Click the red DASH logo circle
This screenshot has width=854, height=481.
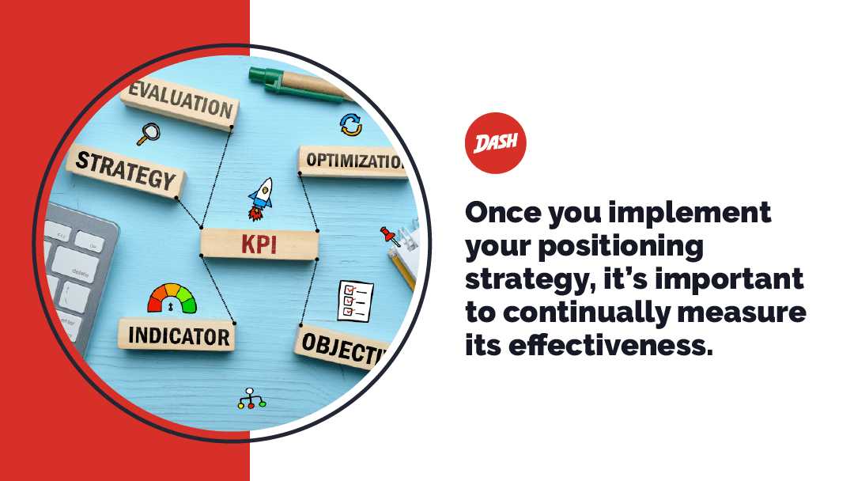point(495,143)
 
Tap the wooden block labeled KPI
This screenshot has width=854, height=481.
point(259,244)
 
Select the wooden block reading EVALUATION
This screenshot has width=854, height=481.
point(180,103)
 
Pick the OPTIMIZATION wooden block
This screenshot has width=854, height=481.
point(353,161)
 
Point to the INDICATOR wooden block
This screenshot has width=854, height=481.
point(178,335)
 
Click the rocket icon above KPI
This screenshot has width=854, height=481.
point(259,199)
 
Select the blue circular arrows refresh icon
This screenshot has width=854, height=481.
point(350,124)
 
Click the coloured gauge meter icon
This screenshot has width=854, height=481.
point(172,297)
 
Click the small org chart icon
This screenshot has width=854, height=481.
point(252,399)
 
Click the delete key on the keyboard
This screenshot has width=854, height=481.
point(80,271)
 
